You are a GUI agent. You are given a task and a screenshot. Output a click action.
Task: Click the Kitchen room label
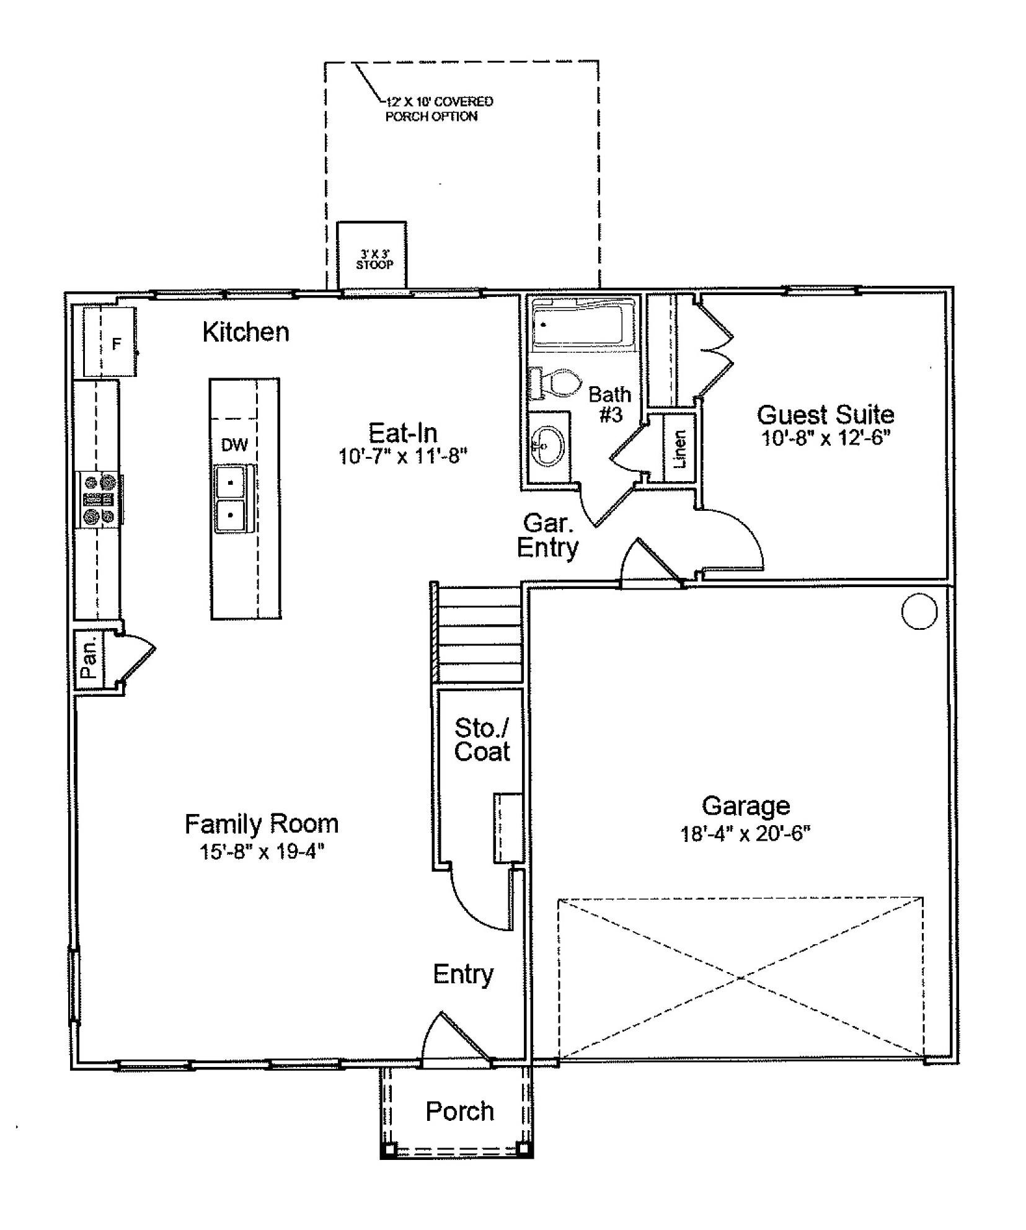(245, 332)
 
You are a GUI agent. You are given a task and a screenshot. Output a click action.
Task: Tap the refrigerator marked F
(110, 342)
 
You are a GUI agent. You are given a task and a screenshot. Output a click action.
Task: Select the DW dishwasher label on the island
(234, 445)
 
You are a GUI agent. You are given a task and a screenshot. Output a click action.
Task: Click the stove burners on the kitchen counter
(99, 499)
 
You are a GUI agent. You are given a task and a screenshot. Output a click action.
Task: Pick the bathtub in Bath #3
(583, 322)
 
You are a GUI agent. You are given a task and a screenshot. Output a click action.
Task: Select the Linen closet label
(680, 449)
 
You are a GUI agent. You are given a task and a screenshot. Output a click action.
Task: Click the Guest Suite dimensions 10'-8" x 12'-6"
(826, 438)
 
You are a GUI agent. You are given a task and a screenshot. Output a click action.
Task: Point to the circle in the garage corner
(919, 611)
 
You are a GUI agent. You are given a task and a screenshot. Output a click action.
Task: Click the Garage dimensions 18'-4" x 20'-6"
(746, 833)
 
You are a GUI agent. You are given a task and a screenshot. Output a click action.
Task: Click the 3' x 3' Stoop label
(374, 259)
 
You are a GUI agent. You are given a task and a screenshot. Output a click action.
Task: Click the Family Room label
(262, 824)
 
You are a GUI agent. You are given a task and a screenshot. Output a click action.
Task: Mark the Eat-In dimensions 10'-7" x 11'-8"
(402, 456)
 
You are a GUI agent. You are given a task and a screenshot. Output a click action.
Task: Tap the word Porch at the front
(459, 1111)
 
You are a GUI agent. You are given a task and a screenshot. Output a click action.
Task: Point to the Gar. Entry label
(547, 536)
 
